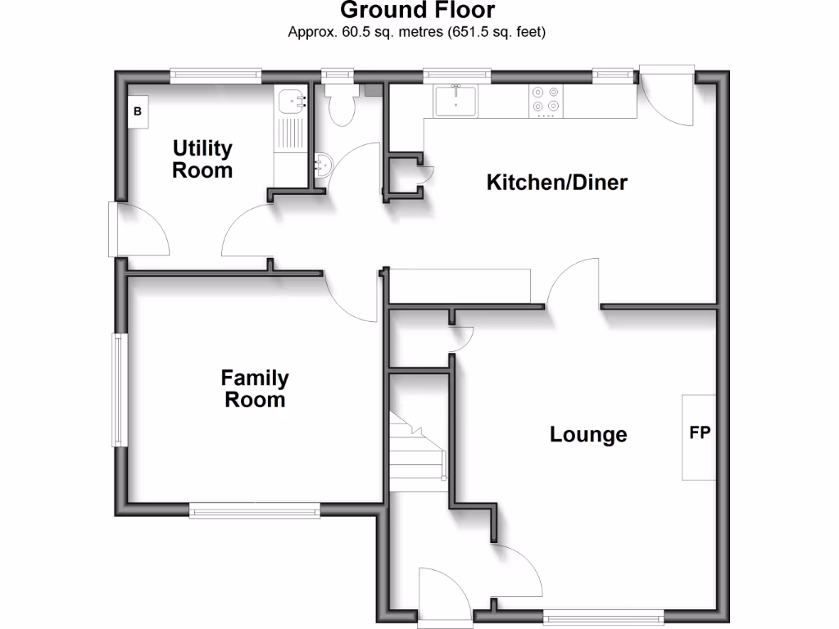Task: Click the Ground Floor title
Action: tap(417, 10)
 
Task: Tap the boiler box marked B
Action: tap(138, 111)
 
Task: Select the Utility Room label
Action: tap(202, 160)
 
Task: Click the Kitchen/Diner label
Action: tap(557, 182)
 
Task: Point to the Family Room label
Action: tap(255, 389)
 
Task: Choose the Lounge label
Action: tap(588, 435)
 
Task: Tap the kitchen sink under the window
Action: tap(456, 101)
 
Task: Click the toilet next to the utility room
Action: tap(339, 106)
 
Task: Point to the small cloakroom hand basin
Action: tap(322, 165)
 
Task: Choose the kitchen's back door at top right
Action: tap(665, 94)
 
